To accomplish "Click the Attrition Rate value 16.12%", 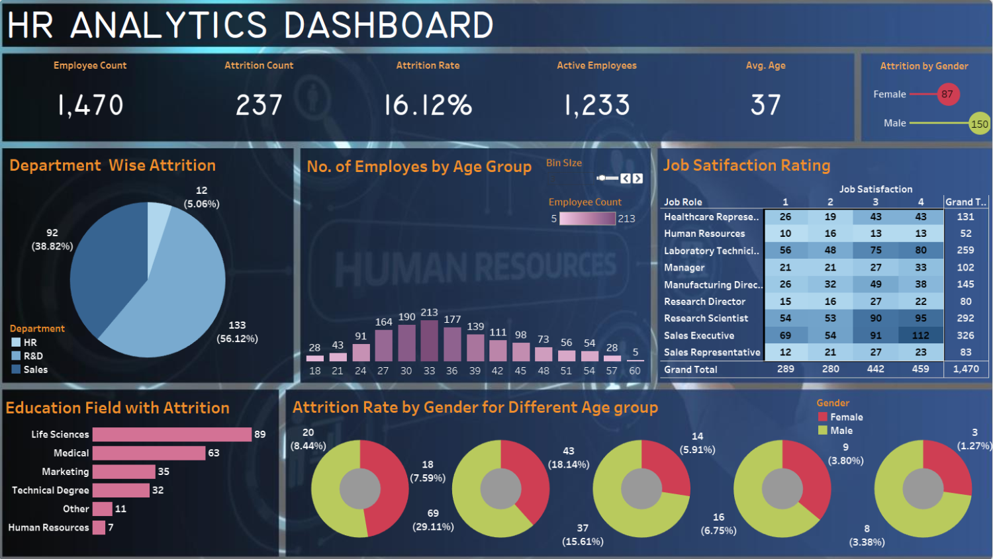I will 428,105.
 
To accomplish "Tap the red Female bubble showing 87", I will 947,94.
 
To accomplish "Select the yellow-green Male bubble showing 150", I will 979,124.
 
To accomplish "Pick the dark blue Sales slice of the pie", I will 106,265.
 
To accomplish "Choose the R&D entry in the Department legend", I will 33,356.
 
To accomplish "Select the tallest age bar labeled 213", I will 429,341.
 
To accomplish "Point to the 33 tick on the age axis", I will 429,370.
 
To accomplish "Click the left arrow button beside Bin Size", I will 625,178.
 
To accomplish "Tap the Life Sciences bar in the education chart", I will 172,435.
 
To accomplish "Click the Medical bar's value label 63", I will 213,453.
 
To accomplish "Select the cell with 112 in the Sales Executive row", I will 920,335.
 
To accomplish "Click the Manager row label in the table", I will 684,268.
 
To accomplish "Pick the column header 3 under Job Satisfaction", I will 875,202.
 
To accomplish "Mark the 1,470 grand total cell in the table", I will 966,369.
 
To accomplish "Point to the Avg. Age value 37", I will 765,105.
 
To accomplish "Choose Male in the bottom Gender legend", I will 841,431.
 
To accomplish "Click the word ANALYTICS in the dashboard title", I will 169,26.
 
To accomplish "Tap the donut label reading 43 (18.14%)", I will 568,458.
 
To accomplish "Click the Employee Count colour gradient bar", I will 587,218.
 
